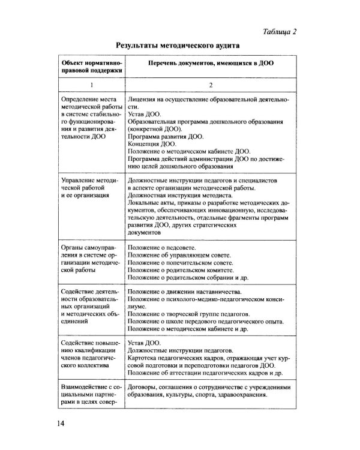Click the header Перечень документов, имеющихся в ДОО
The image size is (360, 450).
[x=208, y=62]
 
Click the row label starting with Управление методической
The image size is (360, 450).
[x=90, y=187]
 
